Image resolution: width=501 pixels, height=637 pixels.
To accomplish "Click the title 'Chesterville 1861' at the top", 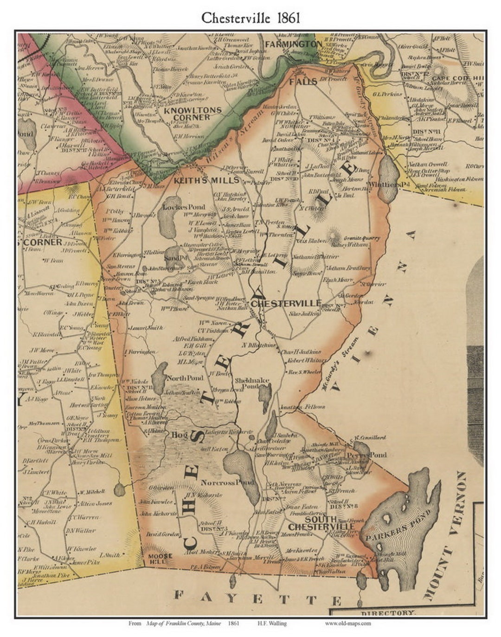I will [250, 17].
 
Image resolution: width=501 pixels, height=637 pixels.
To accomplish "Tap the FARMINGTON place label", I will [293, 44].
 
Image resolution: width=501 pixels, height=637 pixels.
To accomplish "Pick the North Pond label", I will [185, 378].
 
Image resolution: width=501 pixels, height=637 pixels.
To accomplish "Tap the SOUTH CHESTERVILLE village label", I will [321, 523].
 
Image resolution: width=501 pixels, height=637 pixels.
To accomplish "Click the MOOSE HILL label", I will [161, 558].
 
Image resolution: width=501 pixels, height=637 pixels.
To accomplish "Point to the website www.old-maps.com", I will [347, 623].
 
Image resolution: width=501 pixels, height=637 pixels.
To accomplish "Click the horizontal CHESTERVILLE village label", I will [286, 303].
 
